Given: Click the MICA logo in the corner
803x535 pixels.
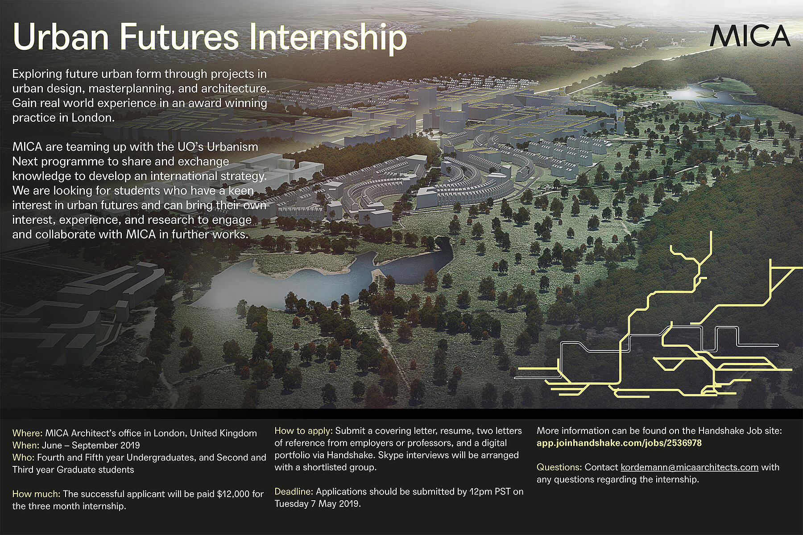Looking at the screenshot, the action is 750,36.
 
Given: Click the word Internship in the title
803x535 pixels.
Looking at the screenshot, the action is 328,38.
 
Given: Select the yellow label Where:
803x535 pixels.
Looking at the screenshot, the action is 27,433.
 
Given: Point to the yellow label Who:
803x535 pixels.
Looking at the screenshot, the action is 23,457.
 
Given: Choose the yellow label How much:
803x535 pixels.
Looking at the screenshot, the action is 36,494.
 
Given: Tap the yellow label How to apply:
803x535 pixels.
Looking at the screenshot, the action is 303,431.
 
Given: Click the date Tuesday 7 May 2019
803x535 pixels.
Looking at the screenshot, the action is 317,504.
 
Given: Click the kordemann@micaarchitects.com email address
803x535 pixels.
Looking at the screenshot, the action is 689,467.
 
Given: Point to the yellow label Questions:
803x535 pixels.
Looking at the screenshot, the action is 559,467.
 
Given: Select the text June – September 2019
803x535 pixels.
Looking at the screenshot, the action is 91,445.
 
